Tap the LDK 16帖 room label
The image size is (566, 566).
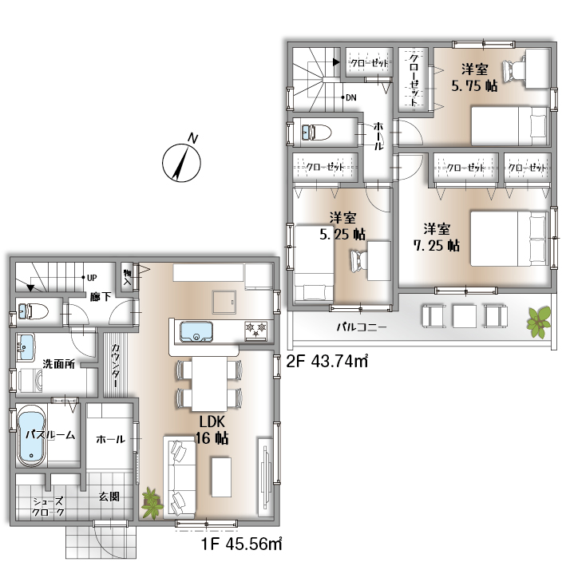212,429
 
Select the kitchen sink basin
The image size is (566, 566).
196,332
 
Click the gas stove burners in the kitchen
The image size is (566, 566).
256,330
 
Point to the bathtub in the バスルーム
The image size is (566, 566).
31,434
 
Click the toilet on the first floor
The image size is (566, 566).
33,311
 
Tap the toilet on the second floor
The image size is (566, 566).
316,132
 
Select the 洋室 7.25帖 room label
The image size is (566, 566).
437,237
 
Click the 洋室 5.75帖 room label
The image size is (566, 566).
474,77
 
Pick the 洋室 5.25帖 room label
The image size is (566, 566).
342,226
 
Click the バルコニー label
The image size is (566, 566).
362,327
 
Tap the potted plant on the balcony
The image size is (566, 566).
539,322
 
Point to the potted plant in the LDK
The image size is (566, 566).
152,503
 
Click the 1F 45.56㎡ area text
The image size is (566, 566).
241,544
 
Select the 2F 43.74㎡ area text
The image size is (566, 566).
327,361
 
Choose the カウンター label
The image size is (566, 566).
116,366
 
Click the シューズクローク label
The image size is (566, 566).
48,506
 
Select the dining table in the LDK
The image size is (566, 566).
209,384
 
